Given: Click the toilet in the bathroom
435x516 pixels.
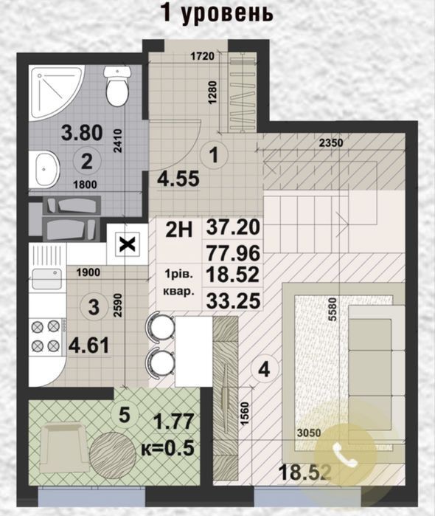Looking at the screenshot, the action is click(x=116, y=86).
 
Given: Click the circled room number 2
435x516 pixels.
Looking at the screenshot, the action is click(x=86, y=162).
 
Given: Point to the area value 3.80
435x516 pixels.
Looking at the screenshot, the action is click(x=82, y=133).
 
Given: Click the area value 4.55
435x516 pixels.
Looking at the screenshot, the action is click(x=178, y=179).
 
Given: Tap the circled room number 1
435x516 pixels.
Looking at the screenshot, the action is click(x=214, y=155).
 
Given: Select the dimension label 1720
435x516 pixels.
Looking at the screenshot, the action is click(x=203, y=56).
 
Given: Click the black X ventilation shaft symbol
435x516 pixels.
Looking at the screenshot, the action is click(x=128, y=244).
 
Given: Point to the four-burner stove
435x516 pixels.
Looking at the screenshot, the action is click(x=46, y=336).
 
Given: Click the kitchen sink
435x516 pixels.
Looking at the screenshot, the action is click(x=47, y=278).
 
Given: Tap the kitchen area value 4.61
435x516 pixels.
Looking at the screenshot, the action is click(x=88, y=346).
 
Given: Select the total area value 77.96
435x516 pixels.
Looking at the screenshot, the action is click(x=233, y=252).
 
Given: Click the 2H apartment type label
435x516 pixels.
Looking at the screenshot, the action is click(x=179, y=230).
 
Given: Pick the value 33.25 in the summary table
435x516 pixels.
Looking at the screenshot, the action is click(x=233, y=300).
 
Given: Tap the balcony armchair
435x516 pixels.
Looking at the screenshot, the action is click(x=63, y=448).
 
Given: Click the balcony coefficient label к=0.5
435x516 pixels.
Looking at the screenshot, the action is click(x=167, y=448).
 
